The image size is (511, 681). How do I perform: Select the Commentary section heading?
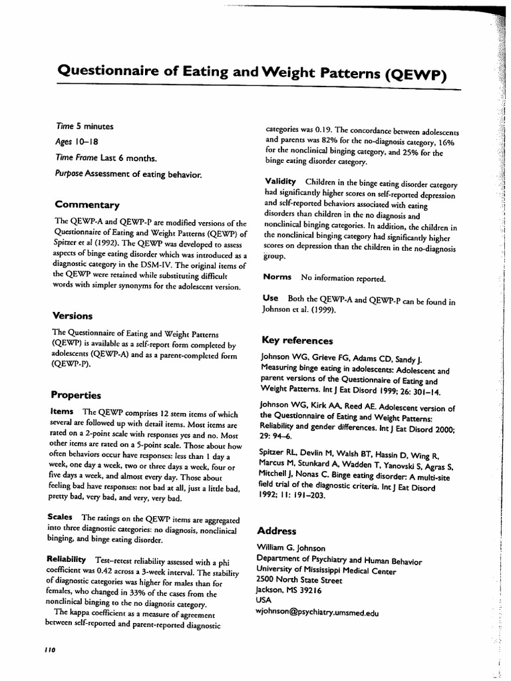point(87,205)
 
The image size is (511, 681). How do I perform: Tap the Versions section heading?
point(73,315)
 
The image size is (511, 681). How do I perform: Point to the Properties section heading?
point(77,395)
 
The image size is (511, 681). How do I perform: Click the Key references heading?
point(297,340)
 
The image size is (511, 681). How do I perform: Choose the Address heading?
point(277,531)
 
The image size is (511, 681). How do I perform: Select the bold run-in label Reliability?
point(67,559)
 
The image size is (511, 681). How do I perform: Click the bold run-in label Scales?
point(61,517)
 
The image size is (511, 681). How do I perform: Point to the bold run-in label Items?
point(62,412)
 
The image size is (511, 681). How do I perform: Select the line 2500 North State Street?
point(299,581)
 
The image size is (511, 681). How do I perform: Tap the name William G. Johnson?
point(291,548)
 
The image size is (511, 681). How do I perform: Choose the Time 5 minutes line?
point(85,126)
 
